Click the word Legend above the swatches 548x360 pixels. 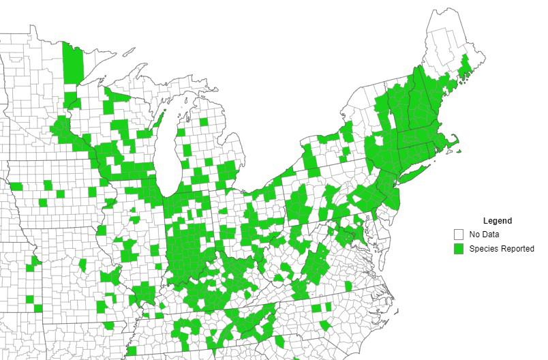497,221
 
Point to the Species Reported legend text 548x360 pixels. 502,249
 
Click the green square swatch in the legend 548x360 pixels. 459,249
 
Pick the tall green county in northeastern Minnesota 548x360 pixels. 70,63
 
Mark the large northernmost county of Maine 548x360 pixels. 446,34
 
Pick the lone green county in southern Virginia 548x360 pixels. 348,286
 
